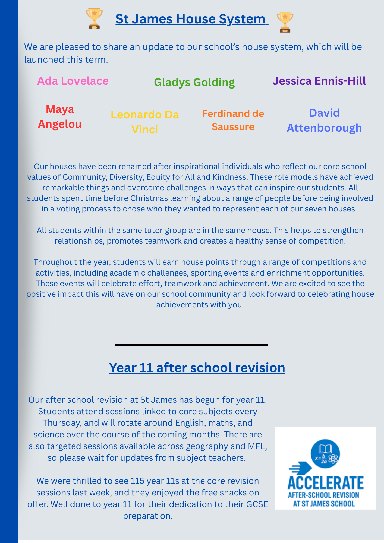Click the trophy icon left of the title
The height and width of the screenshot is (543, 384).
click(x=94, y=18)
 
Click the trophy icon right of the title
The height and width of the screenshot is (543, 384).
click(x=285, y=22)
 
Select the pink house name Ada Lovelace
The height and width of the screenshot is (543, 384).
click(x=73, y=81)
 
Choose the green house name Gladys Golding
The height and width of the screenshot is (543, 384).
click(x=194, y=82)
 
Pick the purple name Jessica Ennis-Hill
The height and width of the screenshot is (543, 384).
click(x=319, y=81)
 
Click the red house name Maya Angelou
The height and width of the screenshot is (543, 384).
click(x=60, y=116)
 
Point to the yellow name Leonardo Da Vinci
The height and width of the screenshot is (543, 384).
click(x=145, y=122)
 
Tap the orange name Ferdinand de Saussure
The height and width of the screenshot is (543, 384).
click(x=233, y=120)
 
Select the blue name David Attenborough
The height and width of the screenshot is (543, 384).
click(x=324, y=120)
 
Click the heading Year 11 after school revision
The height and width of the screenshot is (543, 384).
click(x=197, y=368)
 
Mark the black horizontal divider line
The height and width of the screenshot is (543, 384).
click(x=191, y=345)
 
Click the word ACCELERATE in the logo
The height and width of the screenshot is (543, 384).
click(x=325, y=483)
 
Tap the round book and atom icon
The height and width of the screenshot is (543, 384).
click(x=325, y=454)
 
